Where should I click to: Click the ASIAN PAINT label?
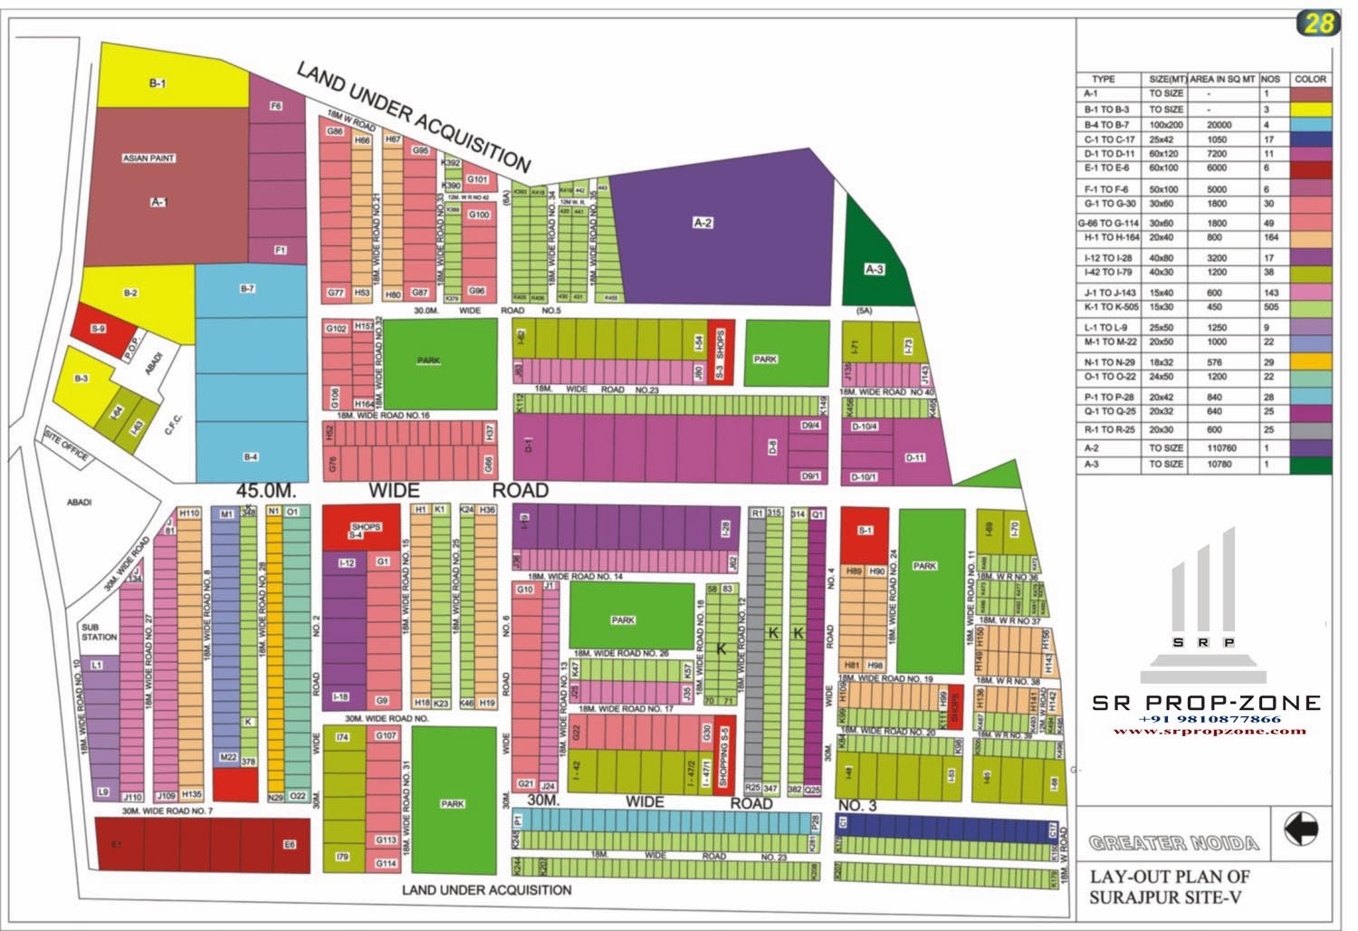tap(148, 158)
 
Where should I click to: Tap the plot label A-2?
tap(703, 223)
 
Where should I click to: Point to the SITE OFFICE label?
tap(66, 446)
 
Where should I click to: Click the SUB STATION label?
tap(99, 632)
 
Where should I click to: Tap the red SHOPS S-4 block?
tap(360, 528)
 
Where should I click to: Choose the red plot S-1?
tap(865, 533)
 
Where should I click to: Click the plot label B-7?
tap(247, 289)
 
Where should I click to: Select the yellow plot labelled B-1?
tap(158, 83)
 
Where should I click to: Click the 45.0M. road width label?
tap(266, 490)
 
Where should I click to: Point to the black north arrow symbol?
tap(1301, 829)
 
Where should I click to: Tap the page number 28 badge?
tap(1317, 24)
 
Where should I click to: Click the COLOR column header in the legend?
tap(1310, 79)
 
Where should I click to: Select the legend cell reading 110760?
tap(1221, 447)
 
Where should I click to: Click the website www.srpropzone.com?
tap(1209, 731)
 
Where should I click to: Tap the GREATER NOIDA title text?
tap(1173, 843)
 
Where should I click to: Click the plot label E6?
tap(290, 845)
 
